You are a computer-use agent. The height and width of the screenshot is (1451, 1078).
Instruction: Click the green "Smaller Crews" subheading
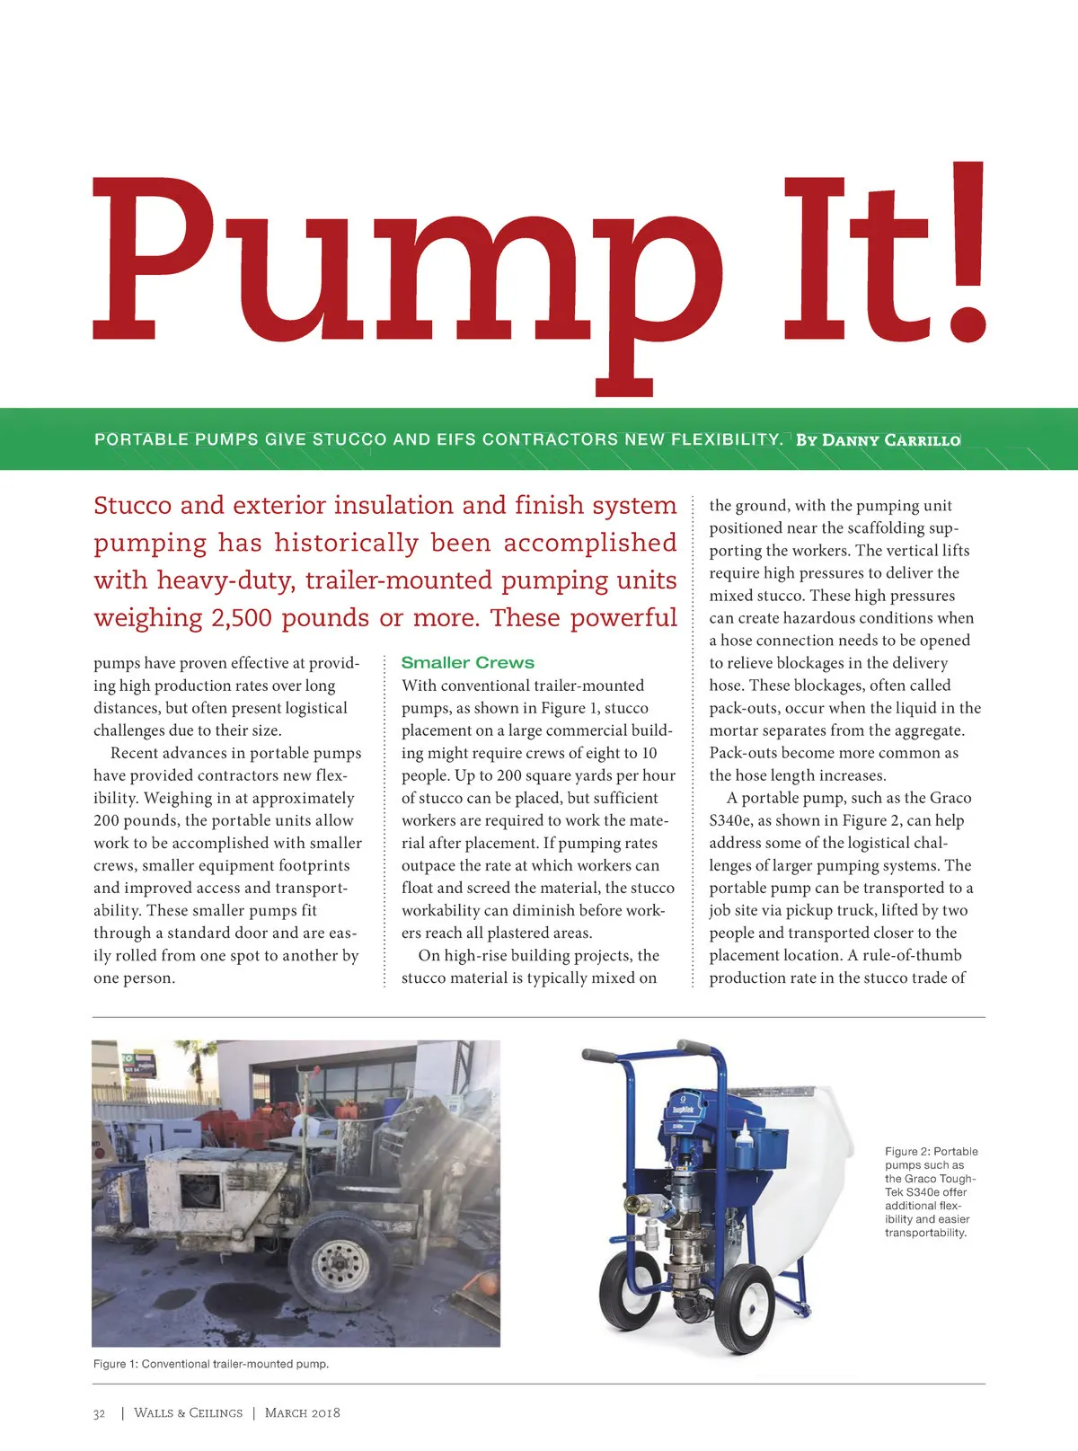tap(467, 663)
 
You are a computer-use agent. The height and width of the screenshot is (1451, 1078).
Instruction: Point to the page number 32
tap(99, 1413)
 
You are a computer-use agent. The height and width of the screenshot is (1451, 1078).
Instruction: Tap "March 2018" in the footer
tap(303, 1413)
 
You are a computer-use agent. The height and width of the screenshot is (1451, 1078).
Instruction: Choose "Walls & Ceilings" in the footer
tap(188, 1413)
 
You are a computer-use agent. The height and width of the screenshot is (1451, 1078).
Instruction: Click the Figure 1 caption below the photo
tap(211, 1364)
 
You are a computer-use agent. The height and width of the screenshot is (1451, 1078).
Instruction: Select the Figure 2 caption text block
tap(931, 1191)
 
